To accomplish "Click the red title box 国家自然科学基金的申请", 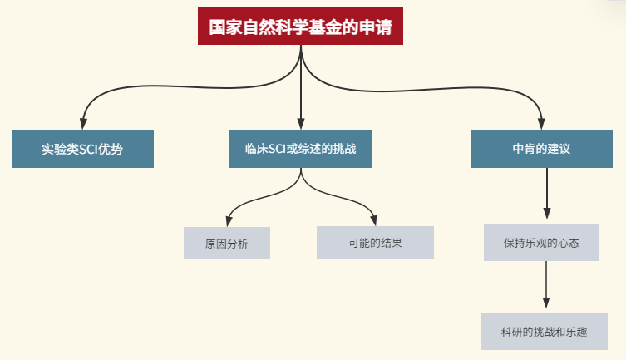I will tap(300, 27).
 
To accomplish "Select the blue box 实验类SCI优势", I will tap(82, 150).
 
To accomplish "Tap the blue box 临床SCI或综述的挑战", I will tap(300, 150).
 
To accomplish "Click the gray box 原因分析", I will tap(226, 244).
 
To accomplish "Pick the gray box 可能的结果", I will tap(375, 243).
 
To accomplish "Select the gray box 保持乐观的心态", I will tap(541, 243).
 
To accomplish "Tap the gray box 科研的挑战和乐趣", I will tap(544, 332).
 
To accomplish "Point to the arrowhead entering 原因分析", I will tap(227, 220).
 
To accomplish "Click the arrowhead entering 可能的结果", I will tap(375, 220).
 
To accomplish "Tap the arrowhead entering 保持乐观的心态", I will tap(546, 217).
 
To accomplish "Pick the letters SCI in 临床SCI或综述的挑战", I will tap(276, 150).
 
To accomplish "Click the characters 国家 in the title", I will tap(219, 27).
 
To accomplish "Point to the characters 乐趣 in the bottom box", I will tap(577, 332).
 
